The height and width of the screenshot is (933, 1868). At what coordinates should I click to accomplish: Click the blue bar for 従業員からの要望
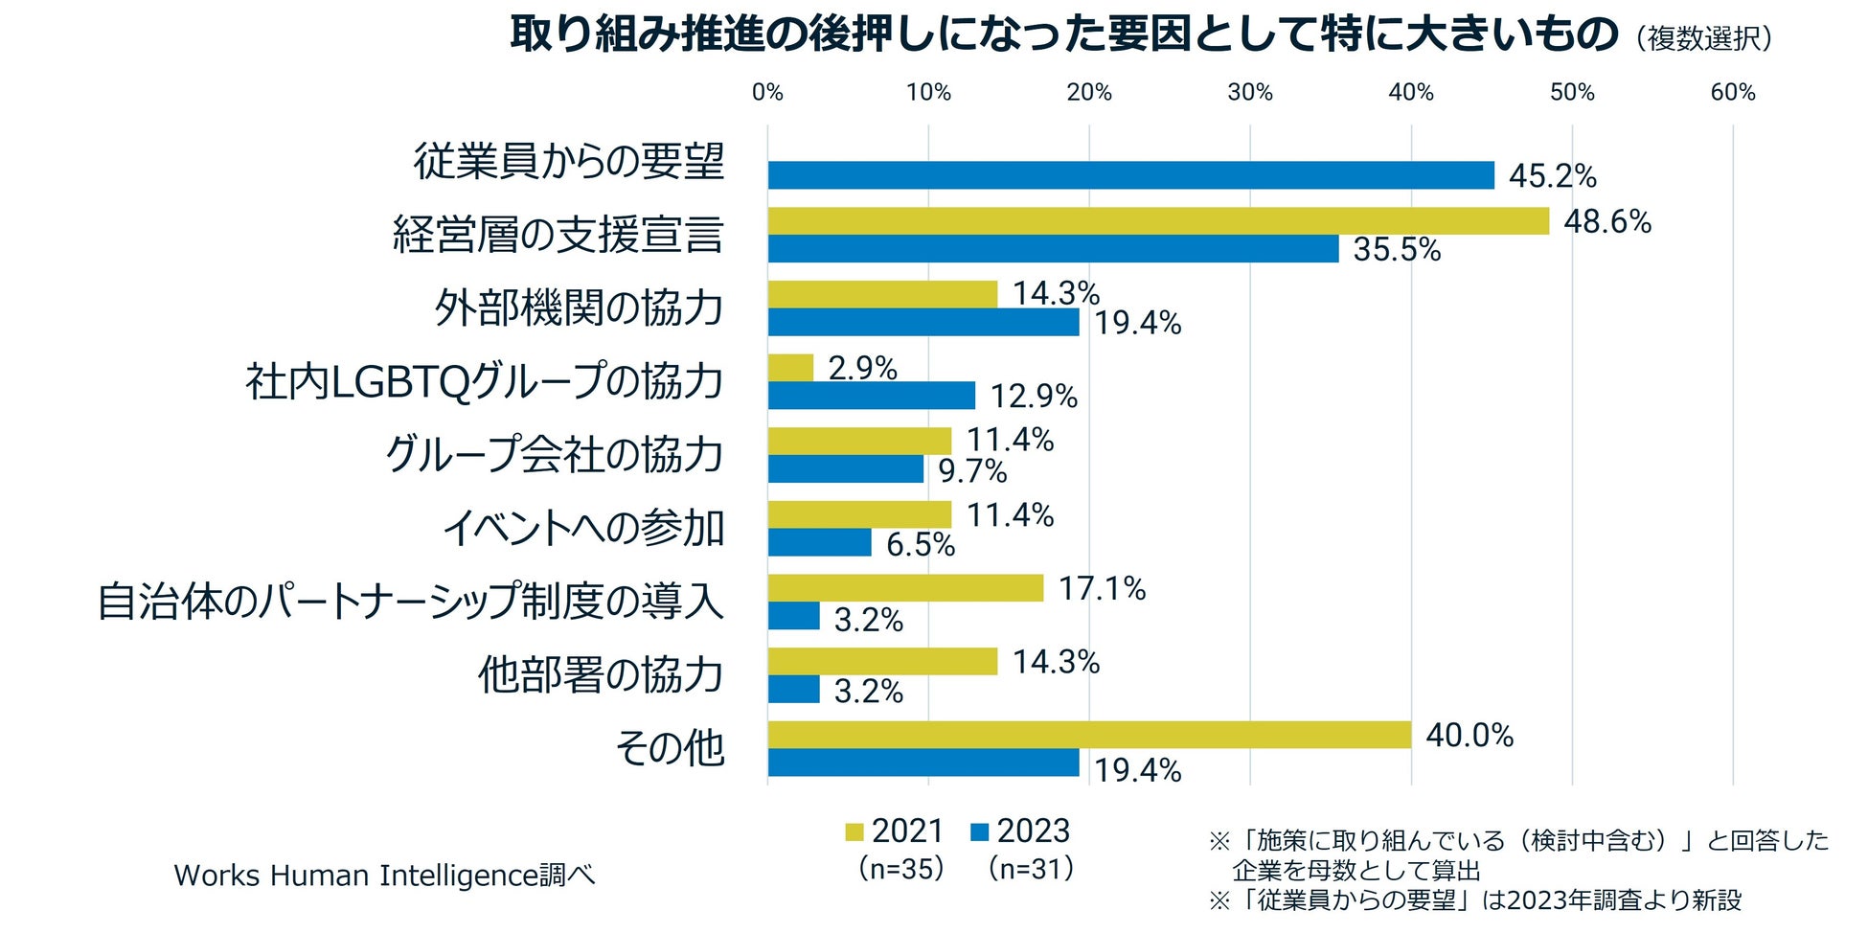coord(1130,175)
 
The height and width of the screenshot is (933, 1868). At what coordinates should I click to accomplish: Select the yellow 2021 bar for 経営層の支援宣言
coord(1157,221)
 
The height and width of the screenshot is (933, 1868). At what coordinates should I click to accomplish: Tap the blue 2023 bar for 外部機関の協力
coord(923,323)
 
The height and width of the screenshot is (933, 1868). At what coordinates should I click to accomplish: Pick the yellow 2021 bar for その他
coord(1088,735)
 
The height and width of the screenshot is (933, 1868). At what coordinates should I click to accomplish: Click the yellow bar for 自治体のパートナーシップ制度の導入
coord(905,588)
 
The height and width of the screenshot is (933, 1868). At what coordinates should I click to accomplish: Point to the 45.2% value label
coord(1552,176)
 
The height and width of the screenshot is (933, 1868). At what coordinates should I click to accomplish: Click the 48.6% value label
coord(1607,222)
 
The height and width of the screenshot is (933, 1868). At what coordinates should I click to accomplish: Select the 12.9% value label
coord(1034,397)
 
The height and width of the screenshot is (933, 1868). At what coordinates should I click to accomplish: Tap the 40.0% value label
coord(1469,736)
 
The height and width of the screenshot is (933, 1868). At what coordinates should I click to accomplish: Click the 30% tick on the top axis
coord(1250,93)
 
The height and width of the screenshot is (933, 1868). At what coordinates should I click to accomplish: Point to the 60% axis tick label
coord(1733,93)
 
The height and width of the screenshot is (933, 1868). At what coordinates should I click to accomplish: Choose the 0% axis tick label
coord(767,93)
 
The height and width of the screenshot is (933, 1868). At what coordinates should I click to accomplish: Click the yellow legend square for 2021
coord(854,831)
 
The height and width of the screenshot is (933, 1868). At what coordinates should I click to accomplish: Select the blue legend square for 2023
coord(979,831)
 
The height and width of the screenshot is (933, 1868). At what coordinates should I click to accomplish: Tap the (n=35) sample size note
coord(901,869)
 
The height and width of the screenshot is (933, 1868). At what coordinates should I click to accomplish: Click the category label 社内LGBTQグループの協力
coord(484,381)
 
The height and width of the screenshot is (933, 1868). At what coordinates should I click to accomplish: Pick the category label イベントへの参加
coord(582,528)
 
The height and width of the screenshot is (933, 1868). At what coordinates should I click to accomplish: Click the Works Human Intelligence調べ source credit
coord(384,876)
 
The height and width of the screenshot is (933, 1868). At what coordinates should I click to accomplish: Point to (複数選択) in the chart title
coord(1704,38)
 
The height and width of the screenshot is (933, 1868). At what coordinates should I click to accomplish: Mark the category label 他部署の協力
coord(601,675)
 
